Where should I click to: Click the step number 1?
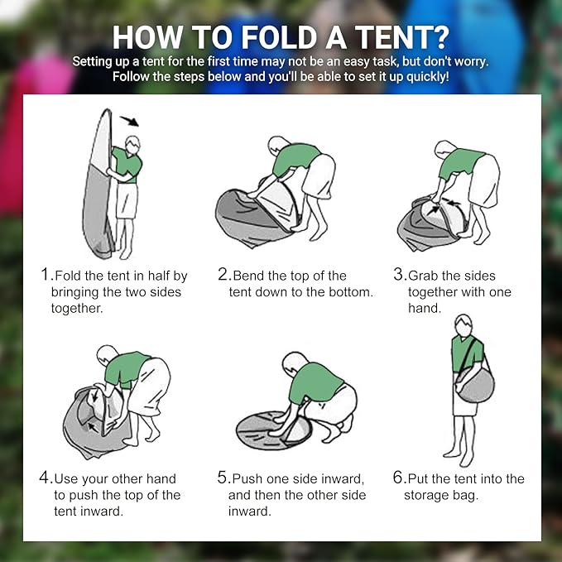(46, 276)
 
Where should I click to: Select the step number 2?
(223, 276)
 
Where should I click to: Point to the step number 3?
(398, 276)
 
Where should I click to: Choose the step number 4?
(46, 478)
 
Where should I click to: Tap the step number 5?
(223, 478)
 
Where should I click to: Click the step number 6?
(398, 478)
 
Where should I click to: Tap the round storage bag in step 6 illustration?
(476, 383)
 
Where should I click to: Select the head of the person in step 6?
(463, 324)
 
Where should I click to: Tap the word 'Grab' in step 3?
(426, 276)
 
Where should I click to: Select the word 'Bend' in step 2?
(250, 276)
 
